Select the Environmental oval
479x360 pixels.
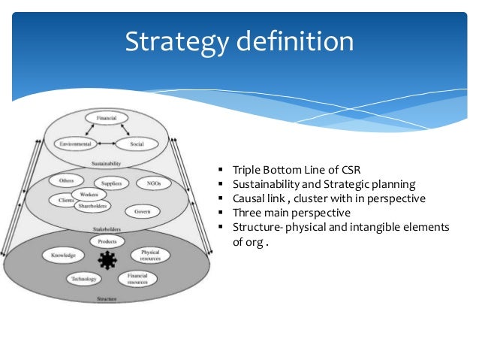(x=75, y=144)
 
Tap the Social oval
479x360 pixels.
(x=137, y=144)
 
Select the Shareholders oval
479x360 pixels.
(x=94, y=205)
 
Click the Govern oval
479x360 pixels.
(x=142, y=212)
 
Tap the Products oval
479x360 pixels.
(x=107, y=241)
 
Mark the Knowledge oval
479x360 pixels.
(x=63, y=256)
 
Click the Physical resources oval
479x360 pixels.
(x=150, y=256)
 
